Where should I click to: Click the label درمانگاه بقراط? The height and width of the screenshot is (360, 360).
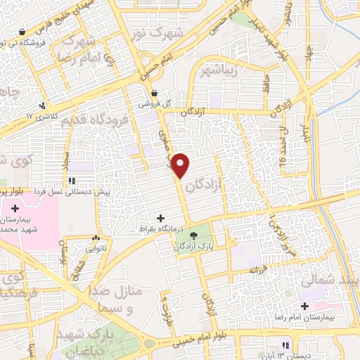(161, 229)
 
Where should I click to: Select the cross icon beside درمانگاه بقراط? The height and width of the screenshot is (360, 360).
(161, 218)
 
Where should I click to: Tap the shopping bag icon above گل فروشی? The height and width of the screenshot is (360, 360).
(154, 93)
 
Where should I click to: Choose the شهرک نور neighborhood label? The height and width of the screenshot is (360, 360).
(181, 32)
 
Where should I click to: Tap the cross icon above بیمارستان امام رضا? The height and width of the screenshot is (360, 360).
(304, 306)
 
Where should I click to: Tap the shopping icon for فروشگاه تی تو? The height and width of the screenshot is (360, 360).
(22, 32)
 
